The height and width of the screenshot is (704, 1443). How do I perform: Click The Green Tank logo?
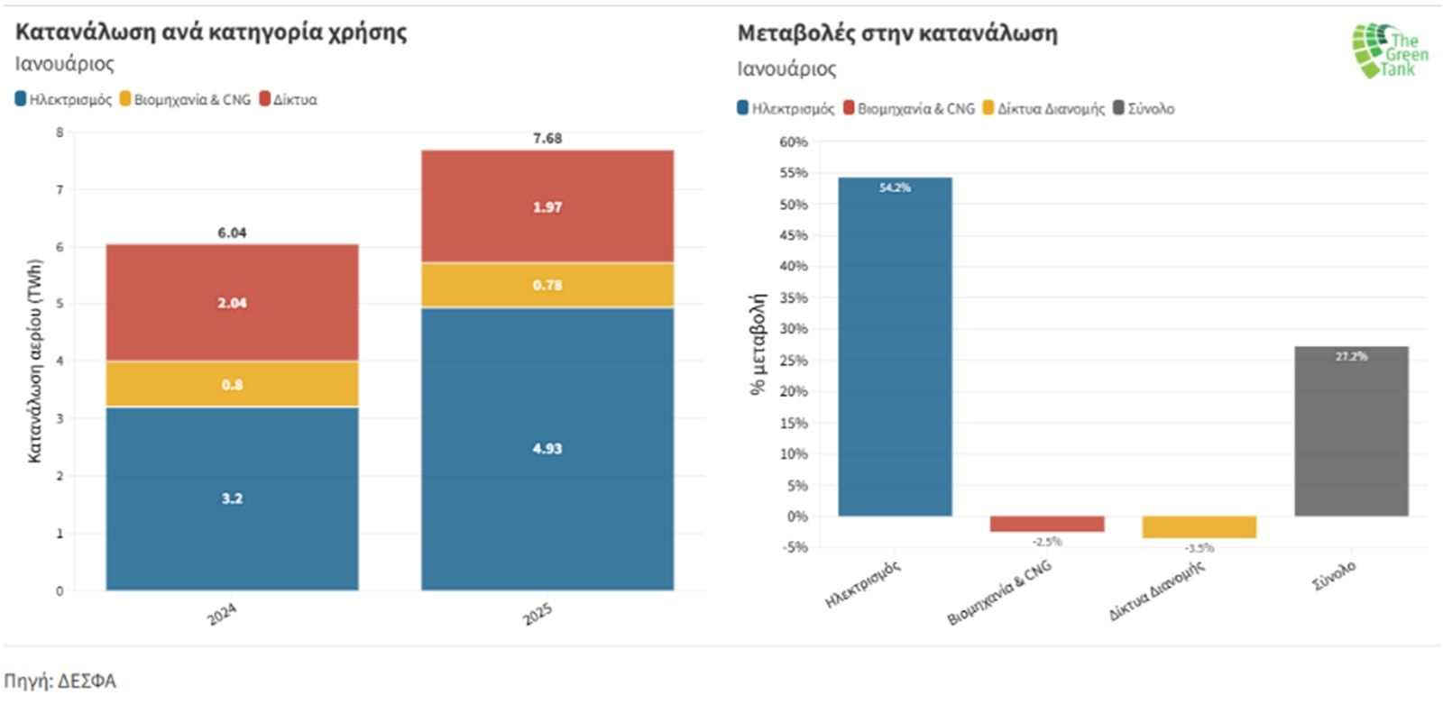click(x=1389, y=50)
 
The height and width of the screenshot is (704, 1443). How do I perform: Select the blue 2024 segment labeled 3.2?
click(x=232, y=498)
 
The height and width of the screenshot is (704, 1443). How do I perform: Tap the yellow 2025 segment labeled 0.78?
click(x=547, y=285)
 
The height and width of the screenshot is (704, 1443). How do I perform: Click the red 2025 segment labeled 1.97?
click(x=547, y=207)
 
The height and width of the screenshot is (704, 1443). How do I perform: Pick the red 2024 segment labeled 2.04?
click(x=232, y=303)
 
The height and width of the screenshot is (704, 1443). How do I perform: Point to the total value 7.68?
click(x=547, y=138)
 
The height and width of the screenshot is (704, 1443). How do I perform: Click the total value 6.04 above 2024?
click(x=232, y=233)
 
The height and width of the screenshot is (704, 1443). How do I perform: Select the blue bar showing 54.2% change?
click(x=895, y=347)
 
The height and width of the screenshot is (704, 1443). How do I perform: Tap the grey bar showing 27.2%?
click(x=1351, y=431)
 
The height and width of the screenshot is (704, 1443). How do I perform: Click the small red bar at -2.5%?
click(x=1046, y=524)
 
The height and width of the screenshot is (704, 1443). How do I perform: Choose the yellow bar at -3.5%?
click(x=1199, y=527)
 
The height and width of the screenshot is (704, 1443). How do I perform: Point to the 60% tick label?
click(x=794, y=142)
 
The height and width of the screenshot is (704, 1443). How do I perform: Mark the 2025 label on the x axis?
click(x=538, y=614)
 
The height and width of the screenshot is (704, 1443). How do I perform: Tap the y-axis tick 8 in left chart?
click(x=60, y=133)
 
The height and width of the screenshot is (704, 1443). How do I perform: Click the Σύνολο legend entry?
click(x=1145, y=108)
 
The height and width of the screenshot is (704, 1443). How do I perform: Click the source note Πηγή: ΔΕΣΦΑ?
click(x=60, y=681)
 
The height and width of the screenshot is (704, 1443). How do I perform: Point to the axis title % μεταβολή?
click(x=758, y=344)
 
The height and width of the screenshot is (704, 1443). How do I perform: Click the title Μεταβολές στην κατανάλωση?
click(x=897, y=33)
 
